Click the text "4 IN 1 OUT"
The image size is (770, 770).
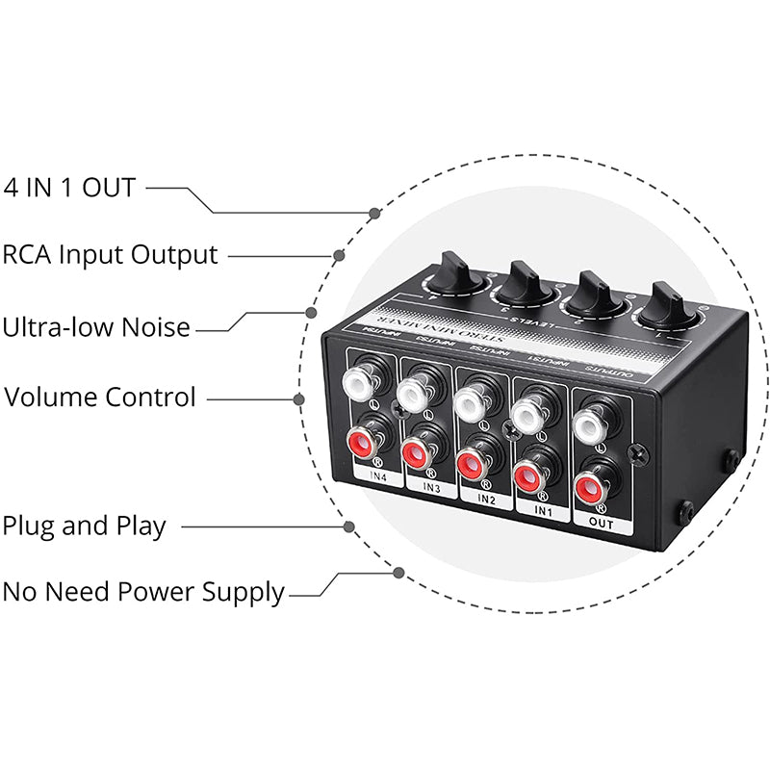(68, 187)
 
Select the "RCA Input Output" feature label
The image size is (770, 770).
(110, 255)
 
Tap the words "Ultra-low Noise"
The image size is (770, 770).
(96, 327)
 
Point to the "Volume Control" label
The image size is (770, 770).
(100, 397)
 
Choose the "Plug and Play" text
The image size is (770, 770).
(85, 526)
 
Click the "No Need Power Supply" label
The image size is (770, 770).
(143, 591)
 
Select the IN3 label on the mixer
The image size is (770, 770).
(431, 487)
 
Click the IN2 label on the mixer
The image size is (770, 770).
(486, 500)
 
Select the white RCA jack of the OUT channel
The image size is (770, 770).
(587, 423)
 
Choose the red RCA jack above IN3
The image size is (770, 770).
(416, 452)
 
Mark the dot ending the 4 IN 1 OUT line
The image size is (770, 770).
(374, 212)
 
